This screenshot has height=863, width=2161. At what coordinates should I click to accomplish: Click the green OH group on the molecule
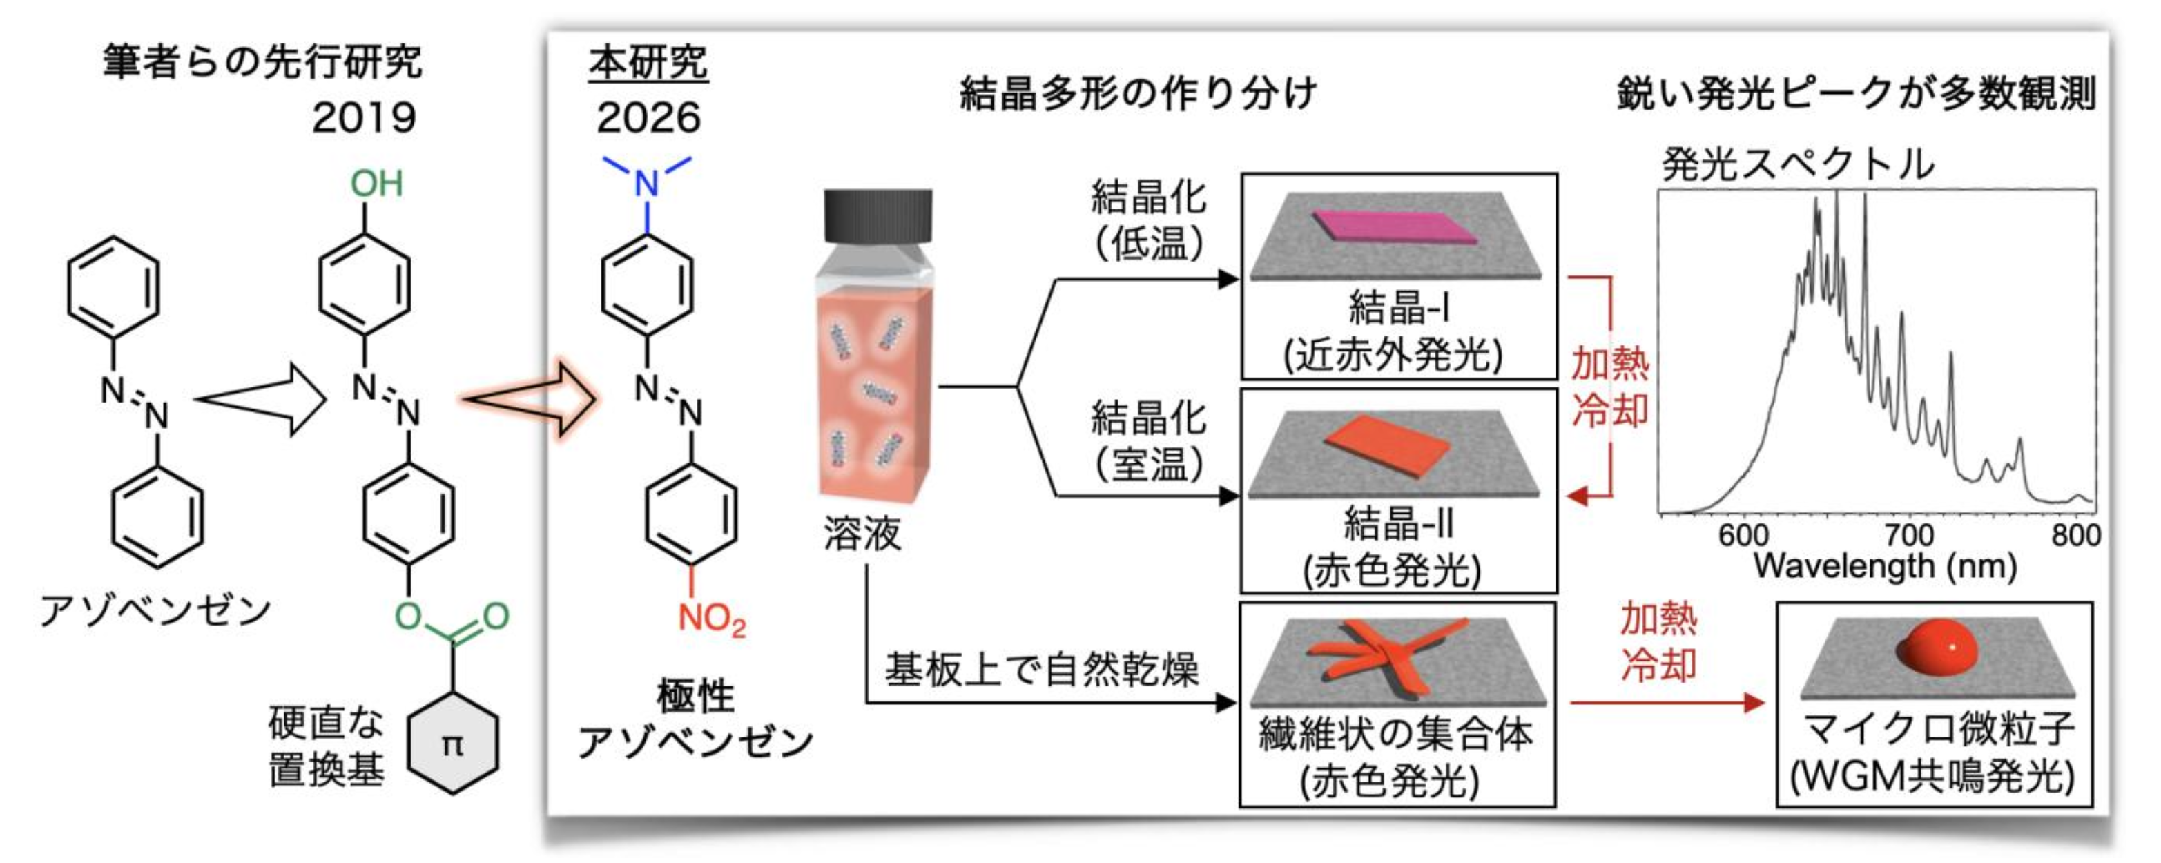[377, 184]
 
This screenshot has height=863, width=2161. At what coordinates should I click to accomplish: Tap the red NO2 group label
[710, 619]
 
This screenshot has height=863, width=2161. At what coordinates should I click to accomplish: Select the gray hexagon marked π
[452, 743]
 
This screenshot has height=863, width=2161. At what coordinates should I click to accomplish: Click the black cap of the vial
[878, 216]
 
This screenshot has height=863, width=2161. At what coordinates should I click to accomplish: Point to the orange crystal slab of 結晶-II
[1388, 445]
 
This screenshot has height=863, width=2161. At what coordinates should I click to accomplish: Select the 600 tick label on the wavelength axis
[1743, 535]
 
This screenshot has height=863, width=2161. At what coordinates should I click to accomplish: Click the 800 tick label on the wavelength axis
[2075, 535]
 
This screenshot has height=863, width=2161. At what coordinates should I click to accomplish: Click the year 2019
[364, 117]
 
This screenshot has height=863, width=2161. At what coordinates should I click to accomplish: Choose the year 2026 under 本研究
[648, 117]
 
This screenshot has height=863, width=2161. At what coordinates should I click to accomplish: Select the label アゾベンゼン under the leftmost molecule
[155, 610]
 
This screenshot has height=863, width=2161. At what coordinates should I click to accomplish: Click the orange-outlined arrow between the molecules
[528, 398]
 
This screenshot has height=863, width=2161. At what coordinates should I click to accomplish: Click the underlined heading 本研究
[648, 63]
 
